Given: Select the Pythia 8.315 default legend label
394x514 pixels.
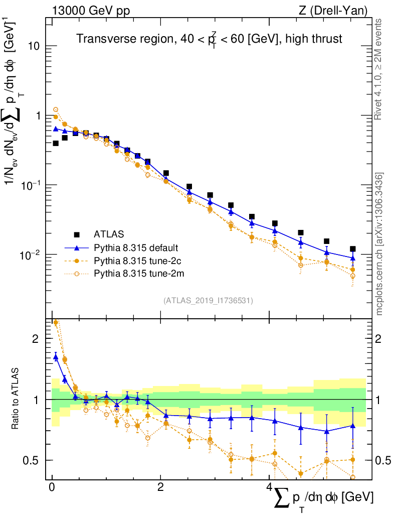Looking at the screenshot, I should [136, 247].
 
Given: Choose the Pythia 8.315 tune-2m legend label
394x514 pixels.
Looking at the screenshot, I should [135, 274].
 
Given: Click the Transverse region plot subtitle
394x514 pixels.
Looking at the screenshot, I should [209, 39].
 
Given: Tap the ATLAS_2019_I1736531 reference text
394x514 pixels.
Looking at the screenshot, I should [208, 301].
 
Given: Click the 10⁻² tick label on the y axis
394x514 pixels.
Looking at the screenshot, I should [31, 255].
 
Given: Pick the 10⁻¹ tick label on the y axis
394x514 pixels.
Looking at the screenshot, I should [31, 185].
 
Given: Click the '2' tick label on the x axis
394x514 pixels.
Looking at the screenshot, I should [160, 488].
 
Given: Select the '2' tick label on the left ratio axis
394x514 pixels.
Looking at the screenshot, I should [36, 339].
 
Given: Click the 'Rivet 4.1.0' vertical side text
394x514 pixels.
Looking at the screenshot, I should [378, 70].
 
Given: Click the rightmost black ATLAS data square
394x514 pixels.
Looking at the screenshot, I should [353, 249].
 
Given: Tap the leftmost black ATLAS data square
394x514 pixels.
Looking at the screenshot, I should [56, 143].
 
